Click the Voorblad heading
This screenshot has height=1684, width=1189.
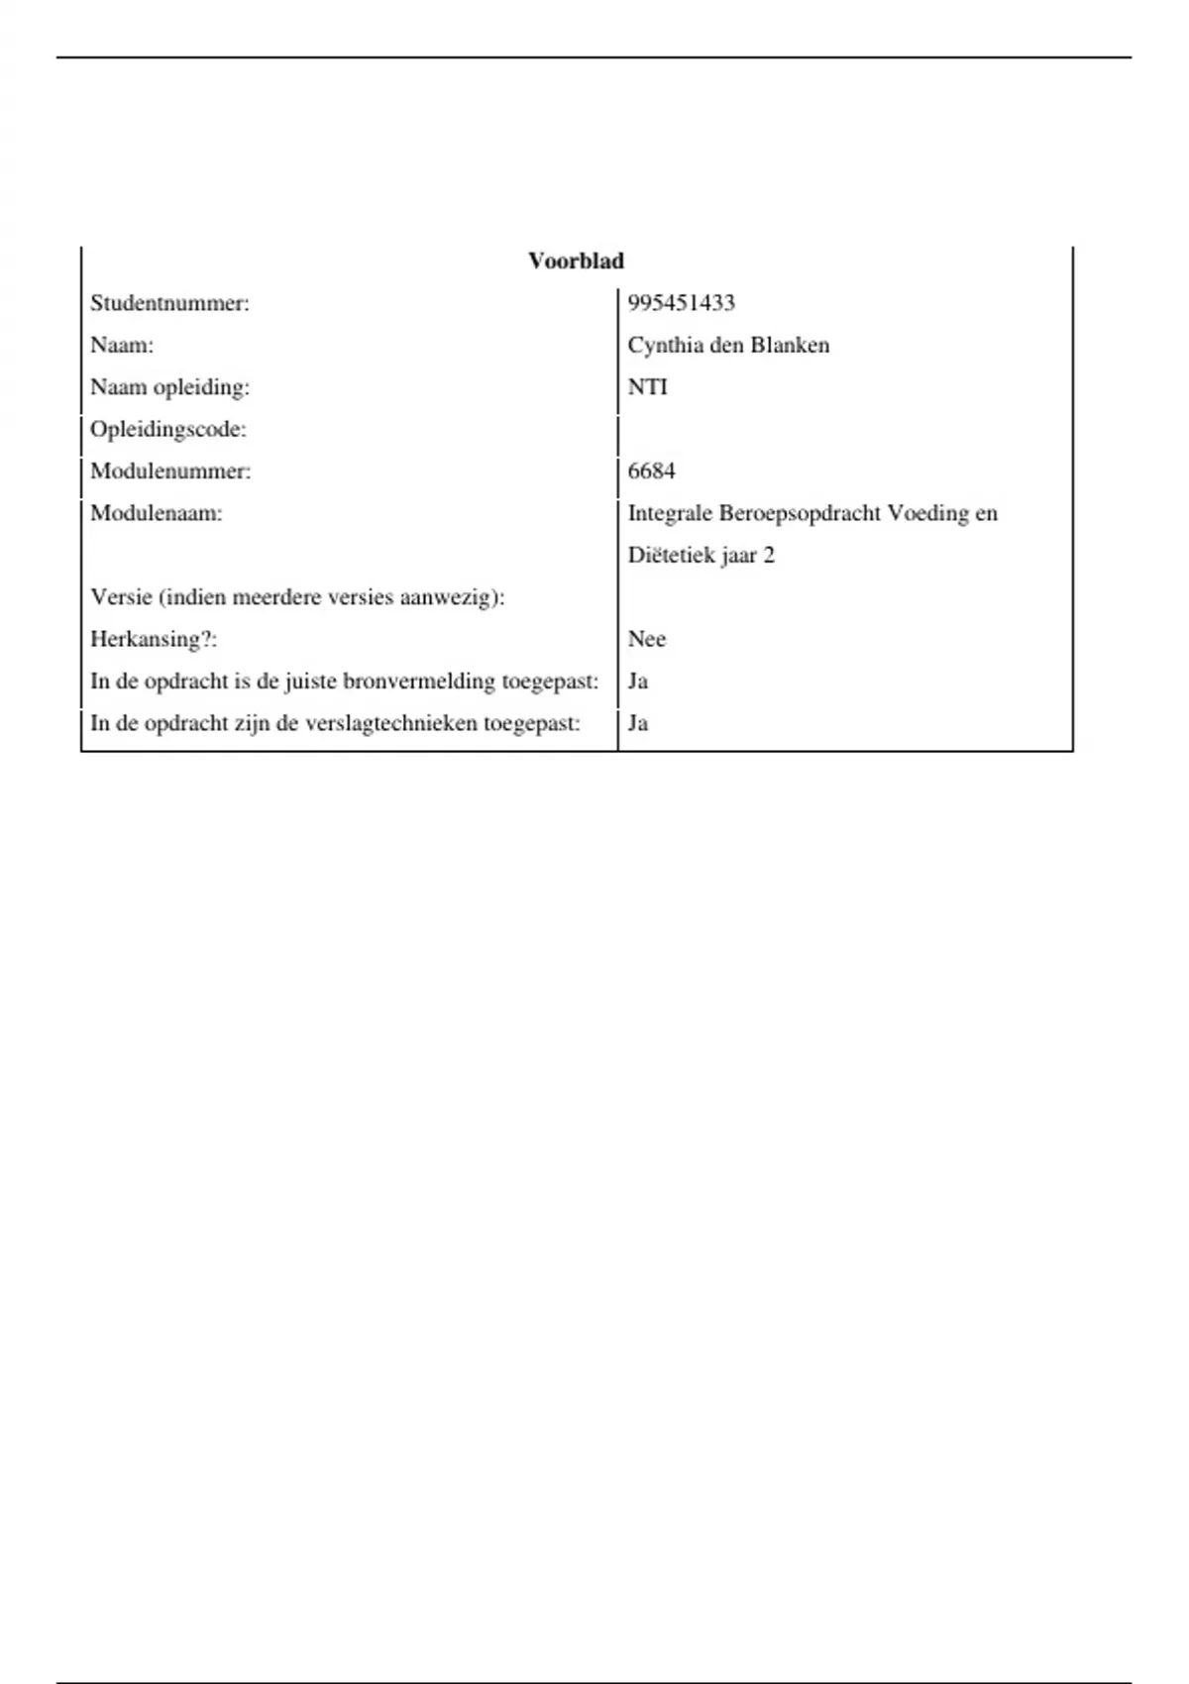coord(576,262)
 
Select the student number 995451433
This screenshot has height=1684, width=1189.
coord(681,303)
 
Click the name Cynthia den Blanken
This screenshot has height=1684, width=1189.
coord(728,345)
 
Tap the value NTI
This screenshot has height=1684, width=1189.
coord(648,387)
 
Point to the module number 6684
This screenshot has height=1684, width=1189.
coord(651,471)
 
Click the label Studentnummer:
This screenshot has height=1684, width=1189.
coord(169,303)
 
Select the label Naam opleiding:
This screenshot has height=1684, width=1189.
coord(169,387)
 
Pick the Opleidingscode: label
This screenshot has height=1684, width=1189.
coord(168,429)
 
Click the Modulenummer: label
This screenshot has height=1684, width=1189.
coord(170,471)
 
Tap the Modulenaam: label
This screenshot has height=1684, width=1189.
coord(157,513)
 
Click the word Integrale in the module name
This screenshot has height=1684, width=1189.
coord(670,513)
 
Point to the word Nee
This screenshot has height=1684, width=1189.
coord(647,639)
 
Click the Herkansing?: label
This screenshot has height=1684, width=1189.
coord(154,639)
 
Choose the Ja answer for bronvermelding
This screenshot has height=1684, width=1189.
coord(638,681)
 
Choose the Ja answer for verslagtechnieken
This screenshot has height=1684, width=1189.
coord(638,723)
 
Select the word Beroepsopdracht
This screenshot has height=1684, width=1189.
coord(800,513)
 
